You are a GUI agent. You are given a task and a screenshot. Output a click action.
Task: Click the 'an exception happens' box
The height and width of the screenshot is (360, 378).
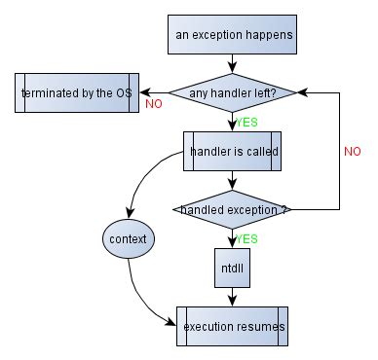[x=231, y=36]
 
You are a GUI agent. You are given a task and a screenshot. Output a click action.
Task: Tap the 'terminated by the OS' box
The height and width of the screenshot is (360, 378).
[x=76, y=94]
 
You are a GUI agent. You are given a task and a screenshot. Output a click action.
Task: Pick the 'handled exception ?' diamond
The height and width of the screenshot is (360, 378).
[x=231, y=208]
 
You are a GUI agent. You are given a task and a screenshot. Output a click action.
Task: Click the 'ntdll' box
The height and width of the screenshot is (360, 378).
[x=232, y=266]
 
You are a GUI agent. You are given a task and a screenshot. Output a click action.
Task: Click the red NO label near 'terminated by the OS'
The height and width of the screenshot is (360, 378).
[x=153, y=103]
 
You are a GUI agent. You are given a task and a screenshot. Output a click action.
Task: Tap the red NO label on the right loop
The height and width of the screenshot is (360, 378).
[x=353, y=152]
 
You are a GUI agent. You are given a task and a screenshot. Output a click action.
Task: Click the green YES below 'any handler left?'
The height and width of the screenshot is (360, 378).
[x=247, y=123]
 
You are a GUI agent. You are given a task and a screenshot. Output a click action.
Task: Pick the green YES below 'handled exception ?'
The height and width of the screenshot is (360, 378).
[x=247, y=237]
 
